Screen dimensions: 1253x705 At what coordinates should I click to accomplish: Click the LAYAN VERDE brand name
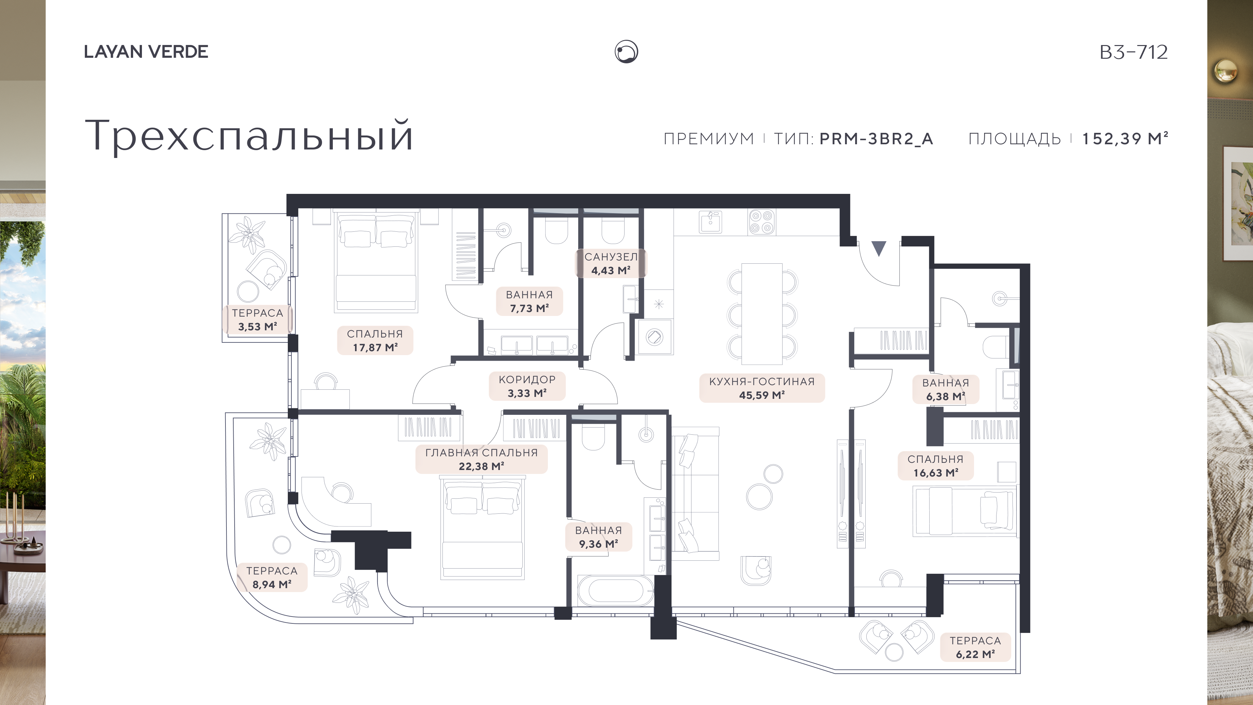pyautogui.click(x=146, y=52)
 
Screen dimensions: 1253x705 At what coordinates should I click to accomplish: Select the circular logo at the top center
pyautogui.click(x=626, y=52)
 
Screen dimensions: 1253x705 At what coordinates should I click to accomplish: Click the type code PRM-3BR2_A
pyautogui.click(x=876, y=139)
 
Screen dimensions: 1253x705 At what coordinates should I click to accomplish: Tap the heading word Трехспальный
pyautogui.click(x=249, y=135)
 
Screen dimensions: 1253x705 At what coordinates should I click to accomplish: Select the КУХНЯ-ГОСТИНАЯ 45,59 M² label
pyautogui.click(x=762, y=388)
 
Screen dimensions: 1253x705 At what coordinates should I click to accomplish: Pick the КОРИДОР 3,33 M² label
pyautogui.click(x=527, y=386)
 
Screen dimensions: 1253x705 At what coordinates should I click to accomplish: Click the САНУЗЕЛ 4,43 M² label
pyautogui.click(x=611, y=263)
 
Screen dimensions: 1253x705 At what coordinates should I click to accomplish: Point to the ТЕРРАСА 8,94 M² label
pyautogui.click(x=271, y=577)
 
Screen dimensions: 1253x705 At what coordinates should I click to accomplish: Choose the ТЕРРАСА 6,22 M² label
pyautogui.click(x=975, y=647)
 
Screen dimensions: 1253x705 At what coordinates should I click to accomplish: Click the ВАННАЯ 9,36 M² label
pyautogui.click(x=598, y=537)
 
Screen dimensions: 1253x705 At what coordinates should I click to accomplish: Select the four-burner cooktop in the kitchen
pyautogui.click(x=762, y=222)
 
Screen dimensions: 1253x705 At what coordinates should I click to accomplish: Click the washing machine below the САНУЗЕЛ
pyautogui.click(x=655, y=337)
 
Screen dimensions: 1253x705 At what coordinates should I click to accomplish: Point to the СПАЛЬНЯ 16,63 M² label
pyautogui.click(x=936, y=466)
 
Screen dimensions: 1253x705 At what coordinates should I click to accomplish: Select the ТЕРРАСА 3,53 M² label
pyautogui.click(x=257, y=320)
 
